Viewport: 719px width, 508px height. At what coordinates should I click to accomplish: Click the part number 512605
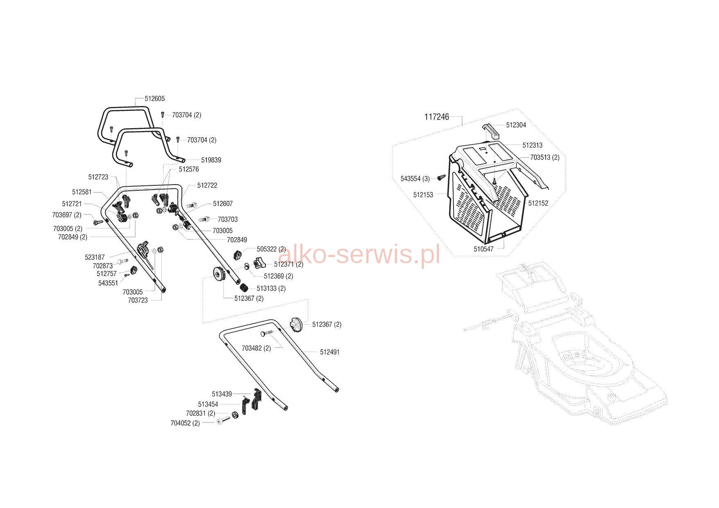click(155, 99)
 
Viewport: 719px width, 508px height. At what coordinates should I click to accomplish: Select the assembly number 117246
click(437, 117)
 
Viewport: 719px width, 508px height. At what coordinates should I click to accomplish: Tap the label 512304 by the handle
click(516, 125)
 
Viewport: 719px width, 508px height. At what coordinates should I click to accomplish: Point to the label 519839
click(211, 160)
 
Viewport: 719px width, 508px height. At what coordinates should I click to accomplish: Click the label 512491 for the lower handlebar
click(330, 352)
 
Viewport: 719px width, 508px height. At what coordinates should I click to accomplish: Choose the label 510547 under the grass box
click(484, 249)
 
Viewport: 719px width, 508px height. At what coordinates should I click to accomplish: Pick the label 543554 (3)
click(415, 179)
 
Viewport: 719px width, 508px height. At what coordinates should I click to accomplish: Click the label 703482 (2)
click(256, 348)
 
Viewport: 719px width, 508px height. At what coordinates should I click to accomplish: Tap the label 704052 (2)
click(185, 423)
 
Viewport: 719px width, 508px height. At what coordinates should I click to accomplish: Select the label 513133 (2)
click(271, 289)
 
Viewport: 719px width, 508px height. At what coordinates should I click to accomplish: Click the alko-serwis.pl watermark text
click(358, 254)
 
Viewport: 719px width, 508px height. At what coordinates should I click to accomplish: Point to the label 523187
click(95, 257)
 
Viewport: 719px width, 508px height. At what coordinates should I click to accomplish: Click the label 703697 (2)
click(67, 215)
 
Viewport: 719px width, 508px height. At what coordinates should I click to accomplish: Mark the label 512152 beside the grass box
click(538, 203)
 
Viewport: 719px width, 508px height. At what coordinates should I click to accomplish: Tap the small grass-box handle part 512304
click(491, 130)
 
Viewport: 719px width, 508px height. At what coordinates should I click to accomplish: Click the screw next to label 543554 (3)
click(441, 177)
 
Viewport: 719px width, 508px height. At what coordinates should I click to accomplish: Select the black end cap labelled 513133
click(245, 287)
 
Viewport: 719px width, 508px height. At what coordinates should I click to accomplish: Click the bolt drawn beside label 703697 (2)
click(98, 222)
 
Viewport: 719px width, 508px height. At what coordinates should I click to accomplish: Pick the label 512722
click(207, 185)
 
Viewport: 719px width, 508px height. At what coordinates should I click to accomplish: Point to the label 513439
click(222, 394)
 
